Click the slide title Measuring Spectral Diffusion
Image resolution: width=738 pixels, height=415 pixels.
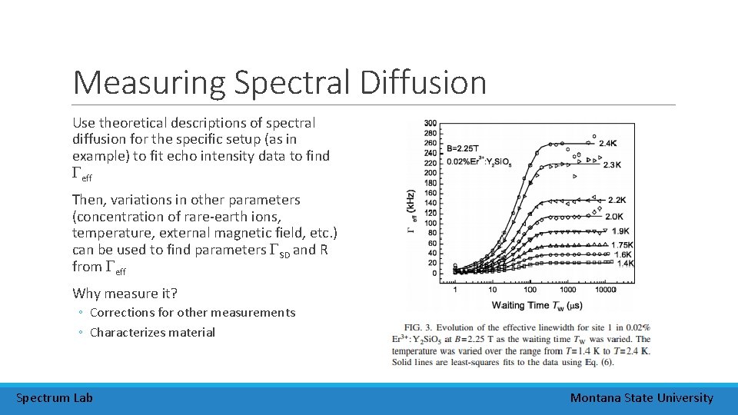click(280, 82)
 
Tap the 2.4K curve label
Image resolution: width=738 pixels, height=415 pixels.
click(608, 144)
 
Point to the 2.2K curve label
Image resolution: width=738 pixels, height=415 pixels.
click(617, 201)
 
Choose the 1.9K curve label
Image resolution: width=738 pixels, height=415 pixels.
click(620, 231)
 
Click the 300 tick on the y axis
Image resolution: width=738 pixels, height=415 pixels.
click(430, 123)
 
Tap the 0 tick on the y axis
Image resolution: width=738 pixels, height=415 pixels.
click(434, 273)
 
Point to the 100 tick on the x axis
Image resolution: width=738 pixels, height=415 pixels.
click(530, 290)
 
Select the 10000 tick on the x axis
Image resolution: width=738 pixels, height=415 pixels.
click(606, 290)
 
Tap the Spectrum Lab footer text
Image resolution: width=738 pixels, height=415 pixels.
click(55, 397)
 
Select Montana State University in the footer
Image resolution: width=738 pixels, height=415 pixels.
click(641, 397)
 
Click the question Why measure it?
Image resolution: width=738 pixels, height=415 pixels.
click(125, 293)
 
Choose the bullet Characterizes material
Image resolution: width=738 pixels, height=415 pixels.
click(152, 332)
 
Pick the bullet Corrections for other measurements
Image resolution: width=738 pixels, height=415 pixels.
click(192, 312)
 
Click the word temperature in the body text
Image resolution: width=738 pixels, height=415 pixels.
click(105, 233)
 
